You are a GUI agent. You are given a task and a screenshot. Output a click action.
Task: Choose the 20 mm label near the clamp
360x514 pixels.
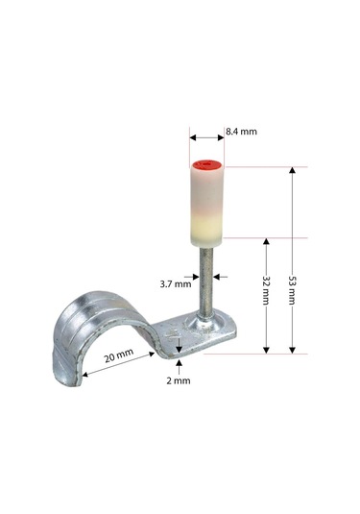coord(116,355)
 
